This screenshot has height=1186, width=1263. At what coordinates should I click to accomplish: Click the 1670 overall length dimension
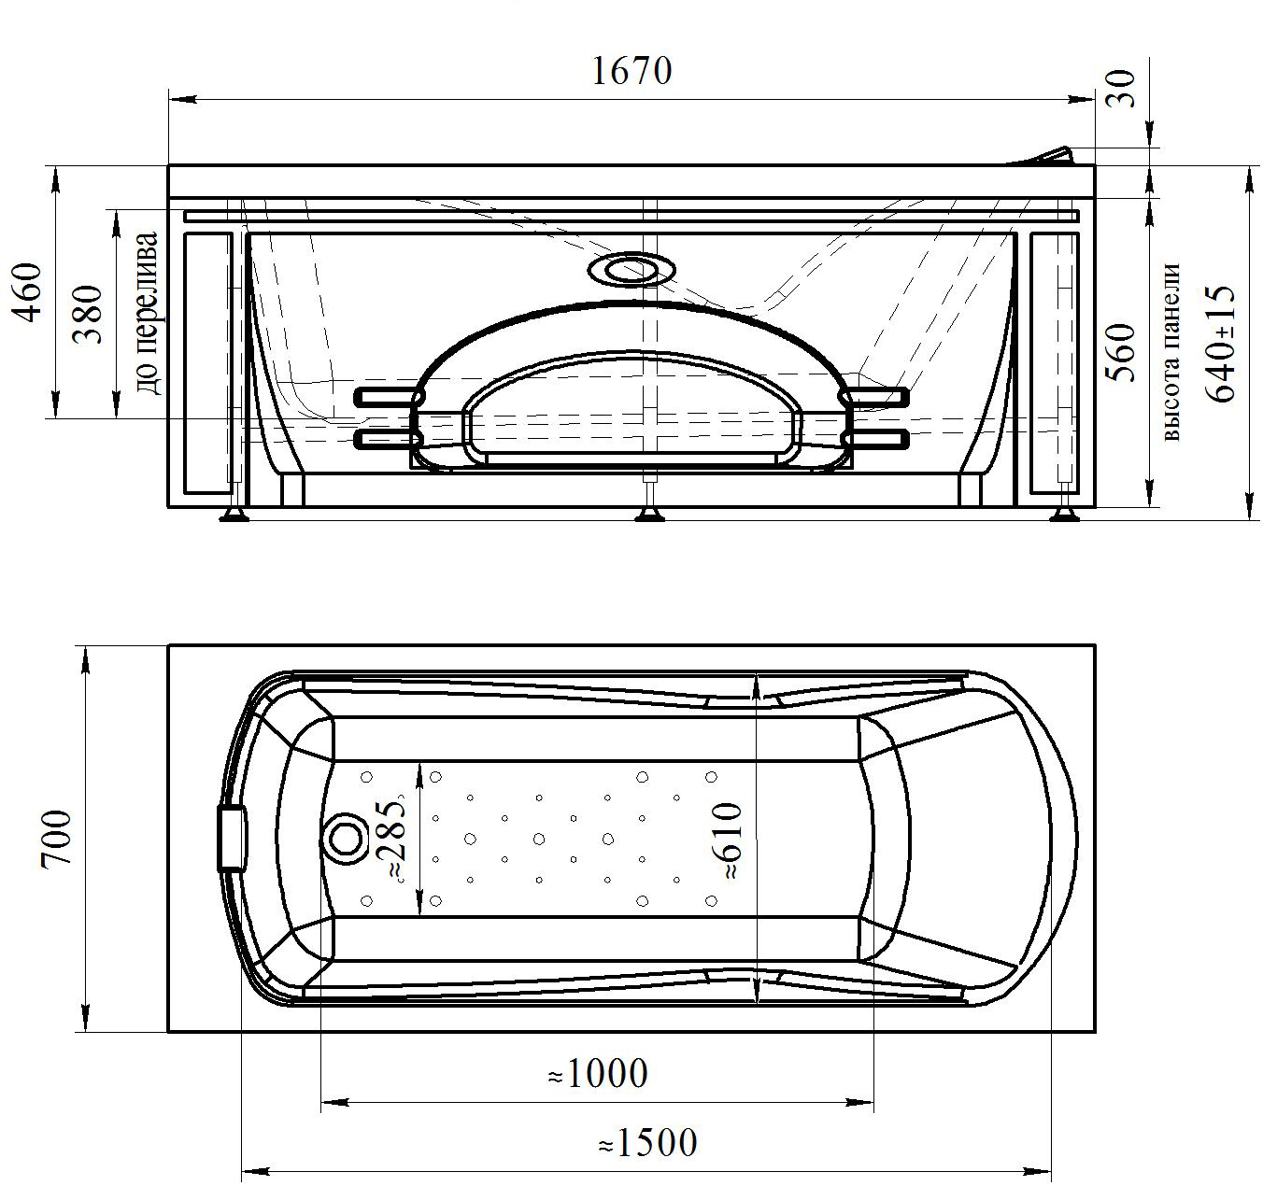[631, 71]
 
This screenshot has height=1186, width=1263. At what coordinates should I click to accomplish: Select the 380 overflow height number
[88, 314]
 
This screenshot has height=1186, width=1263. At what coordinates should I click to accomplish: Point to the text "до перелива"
[147, 314]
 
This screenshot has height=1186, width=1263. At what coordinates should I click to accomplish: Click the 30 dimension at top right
[1124, 88]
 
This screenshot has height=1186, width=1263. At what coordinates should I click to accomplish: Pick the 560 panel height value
[1125, 353]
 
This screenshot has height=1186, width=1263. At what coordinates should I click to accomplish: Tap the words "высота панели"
[1171, 352]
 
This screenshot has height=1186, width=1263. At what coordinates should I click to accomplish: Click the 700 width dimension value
[57, 839]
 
